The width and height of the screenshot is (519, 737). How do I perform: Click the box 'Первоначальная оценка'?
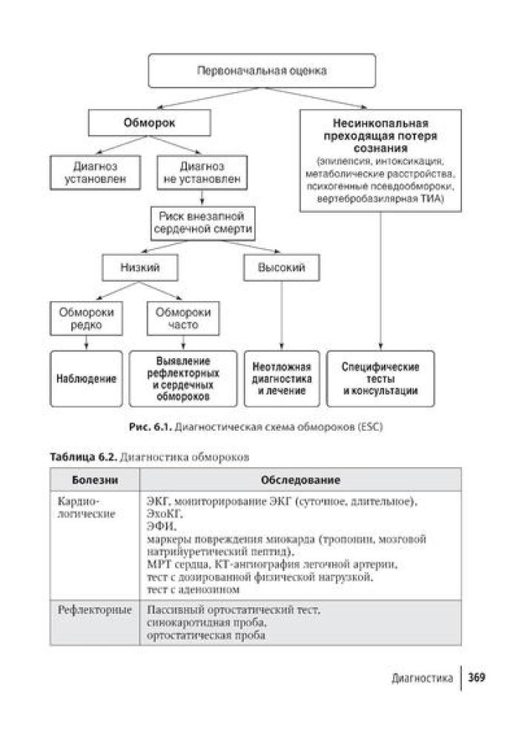261,71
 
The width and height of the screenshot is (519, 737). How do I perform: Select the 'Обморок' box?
149,124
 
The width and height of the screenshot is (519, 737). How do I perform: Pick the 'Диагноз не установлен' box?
202,172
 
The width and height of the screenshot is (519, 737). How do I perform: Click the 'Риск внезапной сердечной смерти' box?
202,222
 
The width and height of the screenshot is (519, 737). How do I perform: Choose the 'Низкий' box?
140,267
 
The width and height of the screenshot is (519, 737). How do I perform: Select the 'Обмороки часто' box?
183,318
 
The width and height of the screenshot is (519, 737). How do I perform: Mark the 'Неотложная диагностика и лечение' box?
282,378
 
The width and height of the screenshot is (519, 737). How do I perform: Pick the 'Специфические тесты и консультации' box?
380,378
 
